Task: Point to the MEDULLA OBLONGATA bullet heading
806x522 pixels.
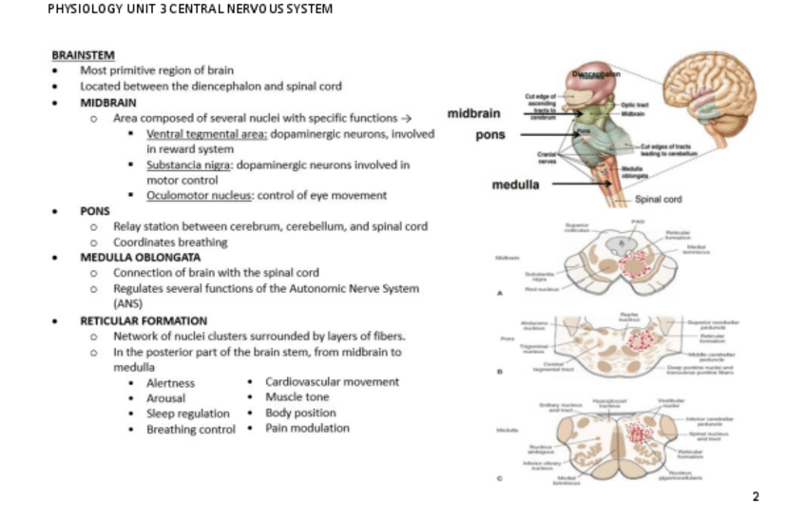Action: pos(140,257)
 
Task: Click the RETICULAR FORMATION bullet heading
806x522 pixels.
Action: pos(144,320)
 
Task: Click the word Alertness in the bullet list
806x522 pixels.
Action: pos(170,383)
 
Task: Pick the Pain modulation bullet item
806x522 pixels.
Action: pos(307,428)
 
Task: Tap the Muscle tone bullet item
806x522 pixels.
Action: pos(297,397)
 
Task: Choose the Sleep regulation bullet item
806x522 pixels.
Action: pos(187,414)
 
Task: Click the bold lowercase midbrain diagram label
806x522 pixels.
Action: pos(472,115)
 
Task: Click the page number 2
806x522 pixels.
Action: pos(756,496)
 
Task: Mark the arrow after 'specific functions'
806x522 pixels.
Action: pos(406,119)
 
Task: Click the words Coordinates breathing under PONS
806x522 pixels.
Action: pos(170,242)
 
